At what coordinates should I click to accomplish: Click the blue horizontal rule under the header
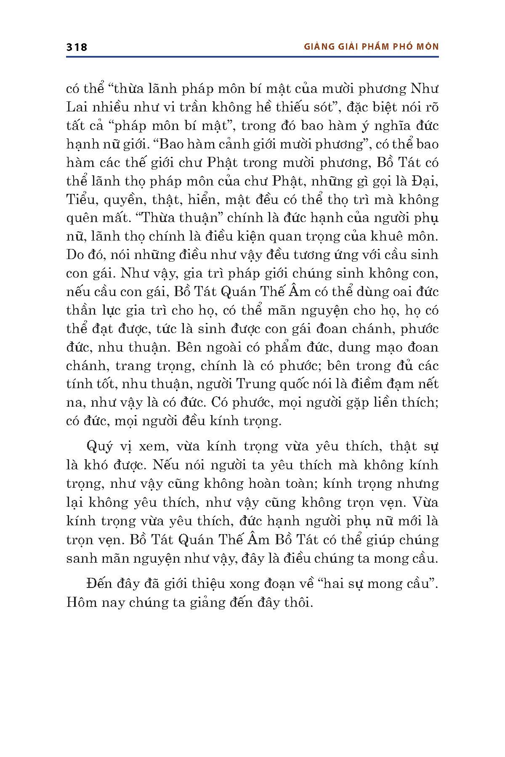point(252,57)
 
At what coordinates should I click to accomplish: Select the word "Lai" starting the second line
point(77,107)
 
